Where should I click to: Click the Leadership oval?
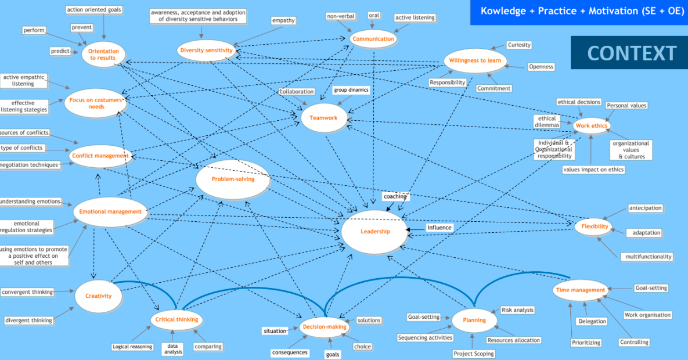click(x=375, y=232)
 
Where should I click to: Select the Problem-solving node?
click(x=233, y=179)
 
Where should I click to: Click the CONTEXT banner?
click(x=632, y=53)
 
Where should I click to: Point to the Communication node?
click(x=374, y=39)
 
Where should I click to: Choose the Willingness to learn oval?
click(x=476, y=61)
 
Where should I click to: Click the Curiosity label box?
click(x=518, y=45)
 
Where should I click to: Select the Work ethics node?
click(x=591, y=126)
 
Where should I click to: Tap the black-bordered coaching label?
click(x=395, y=196)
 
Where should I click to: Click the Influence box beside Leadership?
click(x=440, y=228)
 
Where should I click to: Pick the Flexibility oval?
click(x=595, y=226)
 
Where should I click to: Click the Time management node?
click(x=581, y=290)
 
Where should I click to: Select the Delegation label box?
click(x=592, y=321)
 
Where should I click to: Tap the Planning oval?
click(x=474, y=320)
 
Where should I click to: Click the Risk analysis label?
click(x=517, y=310)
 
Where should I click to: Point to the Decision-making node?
click(x=325, y=327)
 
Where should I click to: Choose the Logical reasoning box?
click(x=132, y=347)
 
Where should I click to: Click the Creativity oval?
click(x=98, y=296)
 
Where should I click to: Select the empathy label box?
click(x=283, y=21)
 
